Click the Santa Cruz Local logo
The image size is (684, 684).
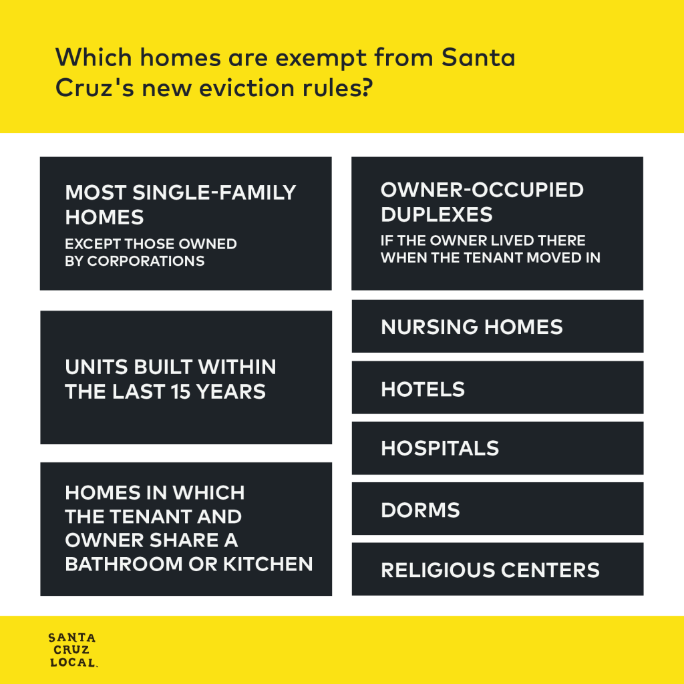pyautogui.click(x=73, y=649)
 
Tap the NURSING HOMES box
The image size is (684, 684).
pyautogui.click(x=497, y=326)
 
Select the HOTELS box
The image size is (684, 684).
pyautogui.click(x=497, y=387)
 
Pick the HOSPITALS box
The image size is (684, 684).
pyautogui.click(x=497, y=448)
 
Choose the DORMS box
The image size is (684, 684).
pyautogui.click(x=497, y=508)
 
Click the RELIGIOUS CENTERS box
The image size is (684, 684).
pyautogui.click(x=497, y=569)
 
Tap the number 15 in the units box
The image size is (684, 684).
pyautogui.click(x=180, y=391)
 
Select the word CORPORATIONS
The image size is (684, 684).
pyautogui.click(x=146, y=261)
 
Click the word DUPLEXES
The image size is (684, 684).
pyautogui.click(x=437, y=214)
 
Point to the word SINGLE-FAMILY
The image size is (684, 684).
pyautogui.click(x=214, y=192)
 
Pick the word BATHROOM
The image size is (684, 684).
pyautogui.click(x=124, y=564)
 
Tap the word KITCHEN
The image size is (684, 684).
pyautogui.click(x=268, y=564)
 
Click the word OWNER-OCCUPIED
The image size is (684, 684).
pyautogui.click(x=482, y=190)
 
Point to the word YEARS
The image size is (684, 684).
pyautogui.click(x=230, y=391)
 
